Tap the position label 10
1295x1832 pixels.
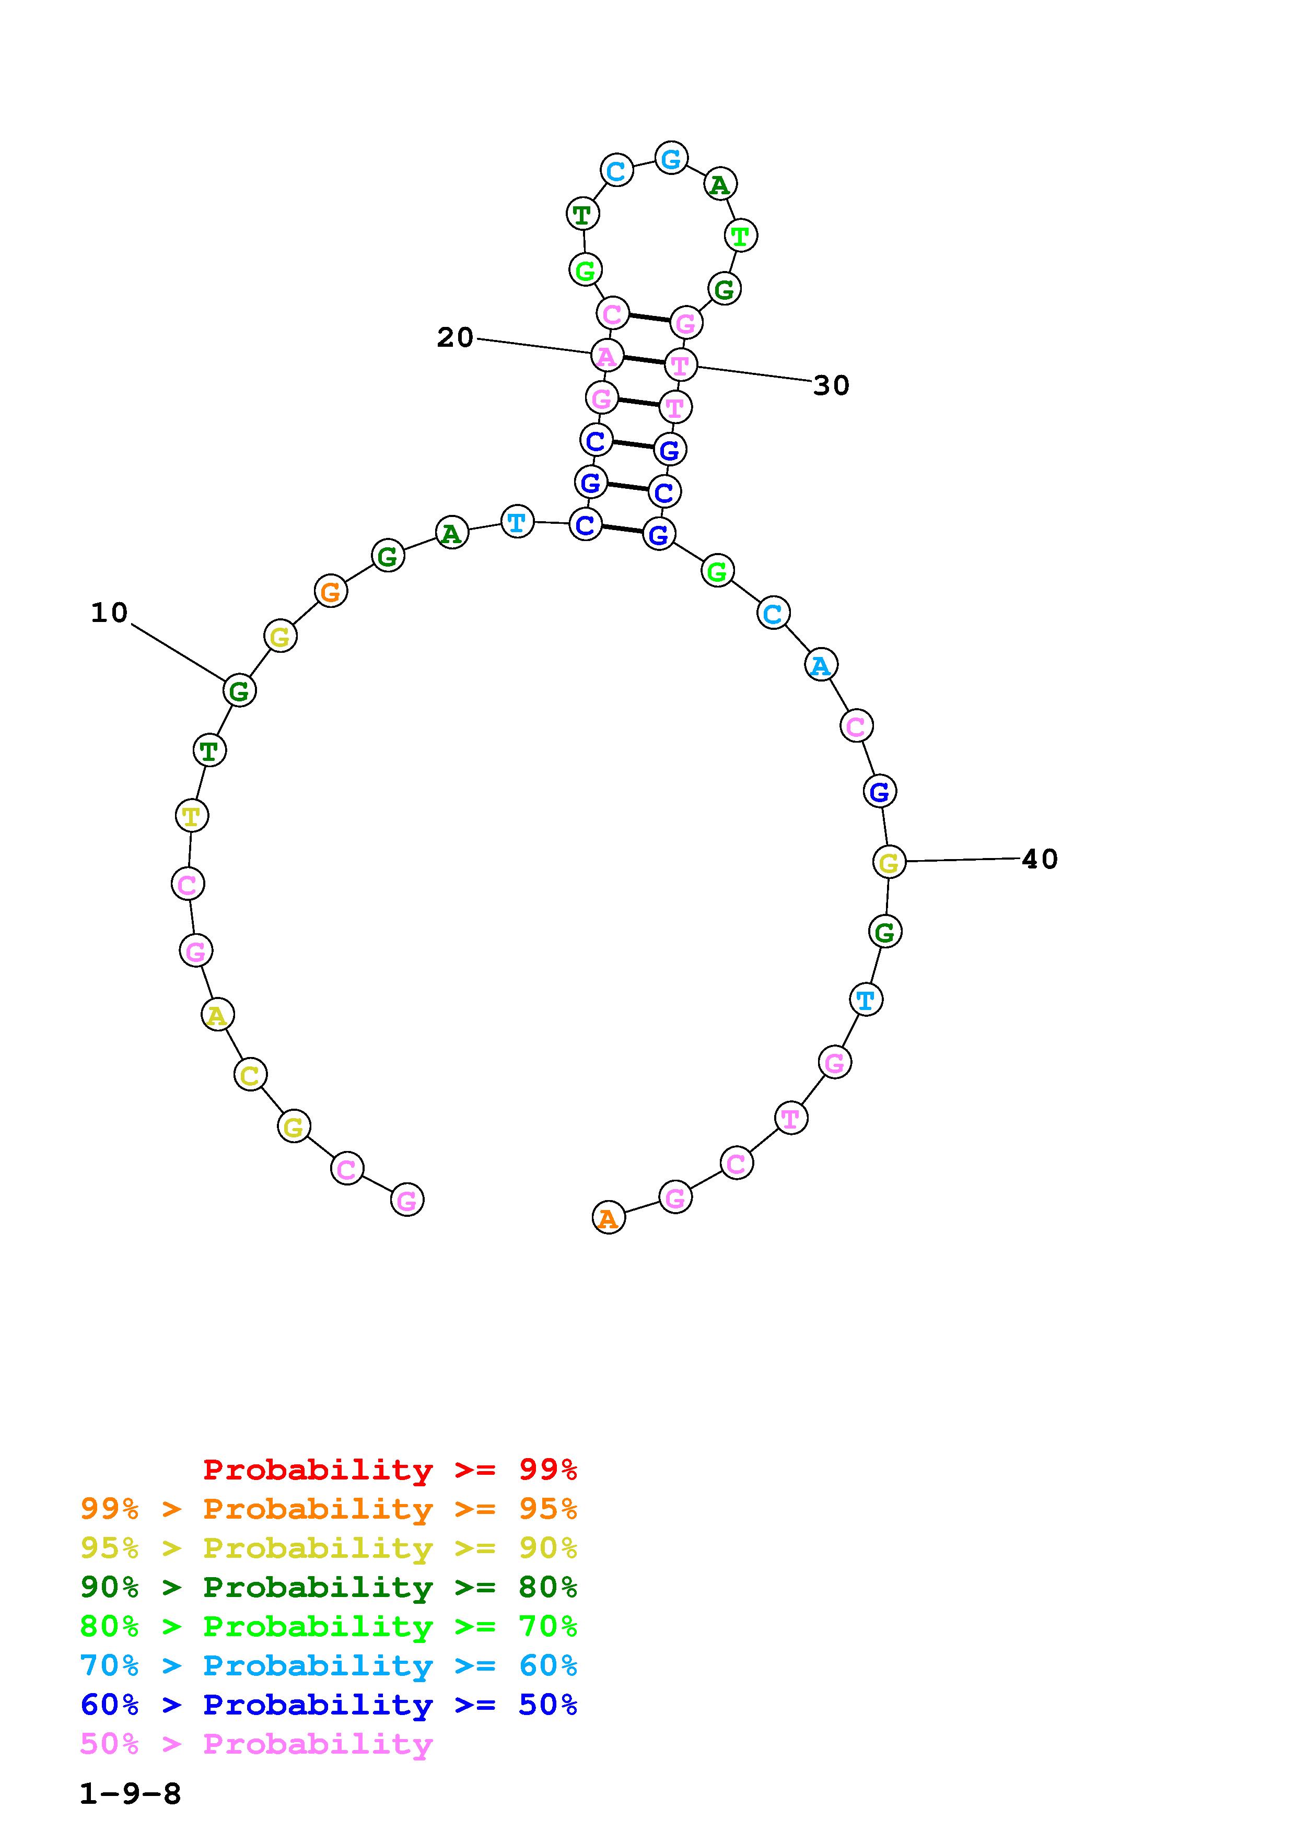(x=109, y=613)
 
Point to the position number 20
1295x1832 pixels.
(x=455, y=337)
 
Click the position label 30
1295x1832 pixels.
(x=832, y=385)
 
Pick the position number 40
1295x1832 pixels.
(x=1040, y=859)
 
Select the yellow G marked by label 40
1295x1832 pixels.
(x=889, y=862)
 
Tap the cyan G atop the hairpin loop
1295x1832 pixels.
(x=671, y=158)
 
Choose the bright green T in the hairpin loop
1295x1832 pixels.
(x=740, y=236)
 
